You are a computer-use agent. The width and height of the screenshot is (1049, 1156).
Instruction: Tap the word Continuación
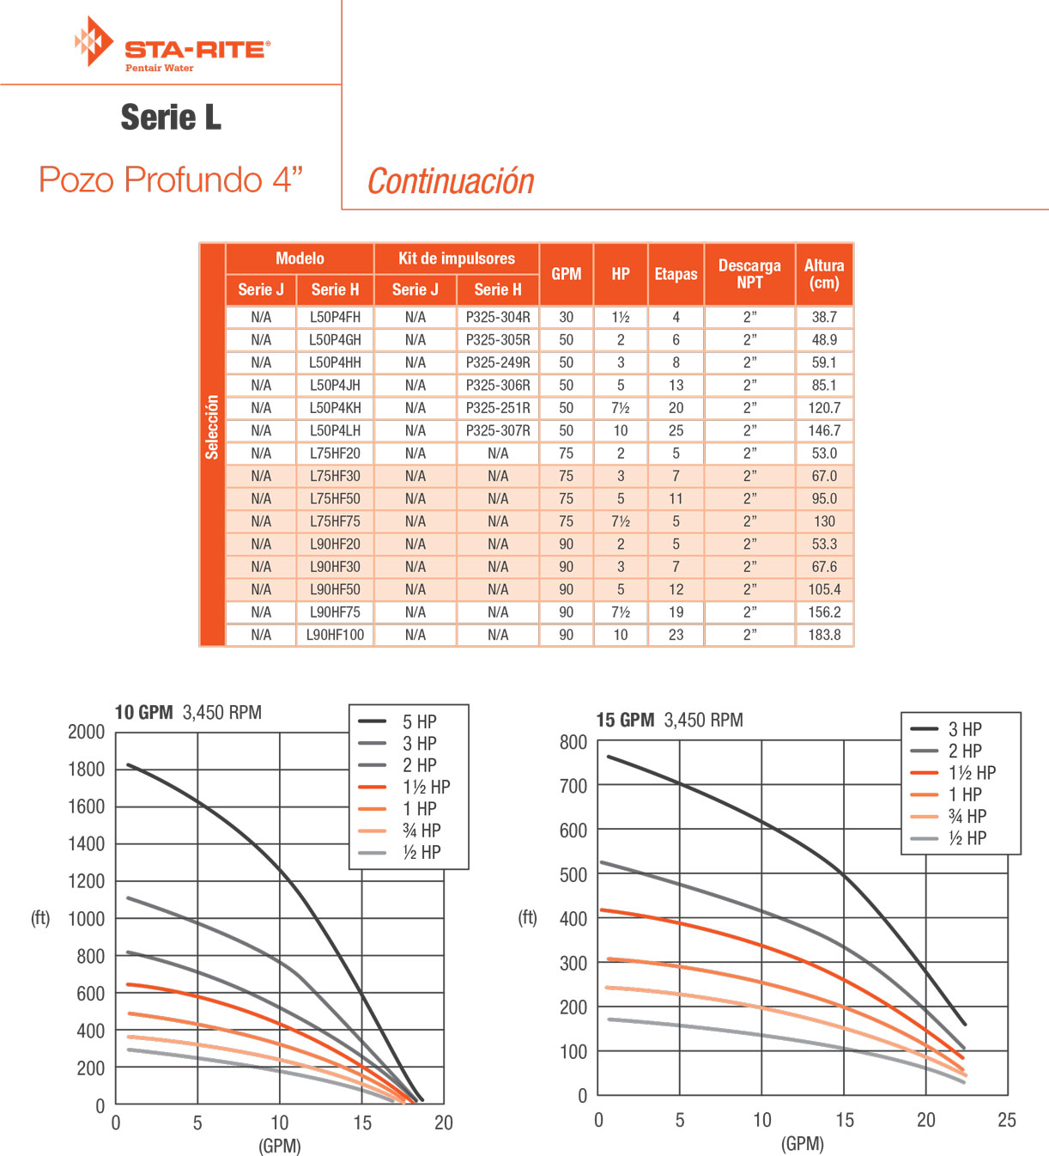tap(451, 181)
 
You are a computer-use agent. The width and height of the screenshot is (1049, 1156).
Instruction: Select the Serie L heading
tap(171, 118)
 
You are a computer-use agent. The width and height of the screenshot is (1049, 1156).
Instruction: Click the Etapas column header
tap(676, 274)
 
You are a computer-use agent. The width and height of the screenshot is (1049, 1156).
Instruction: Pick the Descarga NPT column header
tap(749, 274)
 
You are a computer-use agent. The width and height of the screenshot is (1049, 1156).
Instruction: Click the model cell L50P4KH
tap(335, 408)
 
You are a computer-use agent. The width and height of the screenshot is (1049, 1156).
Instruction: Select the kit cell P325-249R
tap(498, 362)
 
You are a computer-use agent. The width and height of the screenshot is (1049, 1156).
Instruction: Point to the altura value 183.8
tap(824, 635)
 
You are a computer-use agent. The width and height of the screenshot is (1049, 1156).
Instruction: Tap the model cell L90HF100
tap(335, 635)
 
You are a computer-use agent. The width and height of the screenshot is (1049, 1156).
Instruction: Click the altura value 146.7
tap(824, 430)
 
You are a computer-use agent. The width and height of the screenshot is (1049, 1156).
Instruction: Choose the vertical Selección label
tap(212, 427)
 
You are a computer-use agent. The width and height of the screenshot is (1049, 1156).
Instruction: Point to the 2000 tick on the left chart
tap(86, 732)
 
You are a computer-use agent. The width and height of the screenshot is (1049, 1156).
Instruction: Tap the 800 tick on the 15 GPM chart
tap(573, 742)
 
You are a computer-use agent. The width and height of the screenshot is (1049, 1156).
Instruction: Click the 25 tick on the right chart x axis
tap(1007, 1120)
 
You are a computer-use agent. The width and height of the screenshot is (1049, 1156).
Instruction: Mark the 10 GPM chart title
tap(188, 713)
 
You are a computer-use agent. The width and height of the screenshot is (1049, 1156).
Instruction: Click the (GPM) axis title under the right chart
tap(803, 1144)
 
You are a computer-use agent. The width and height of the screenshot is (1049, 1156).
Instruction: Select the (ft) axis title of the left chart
tap(40, 918)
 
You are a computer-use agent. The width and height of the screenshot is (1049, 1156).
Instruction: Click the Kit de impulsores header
tap(457, 259)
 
